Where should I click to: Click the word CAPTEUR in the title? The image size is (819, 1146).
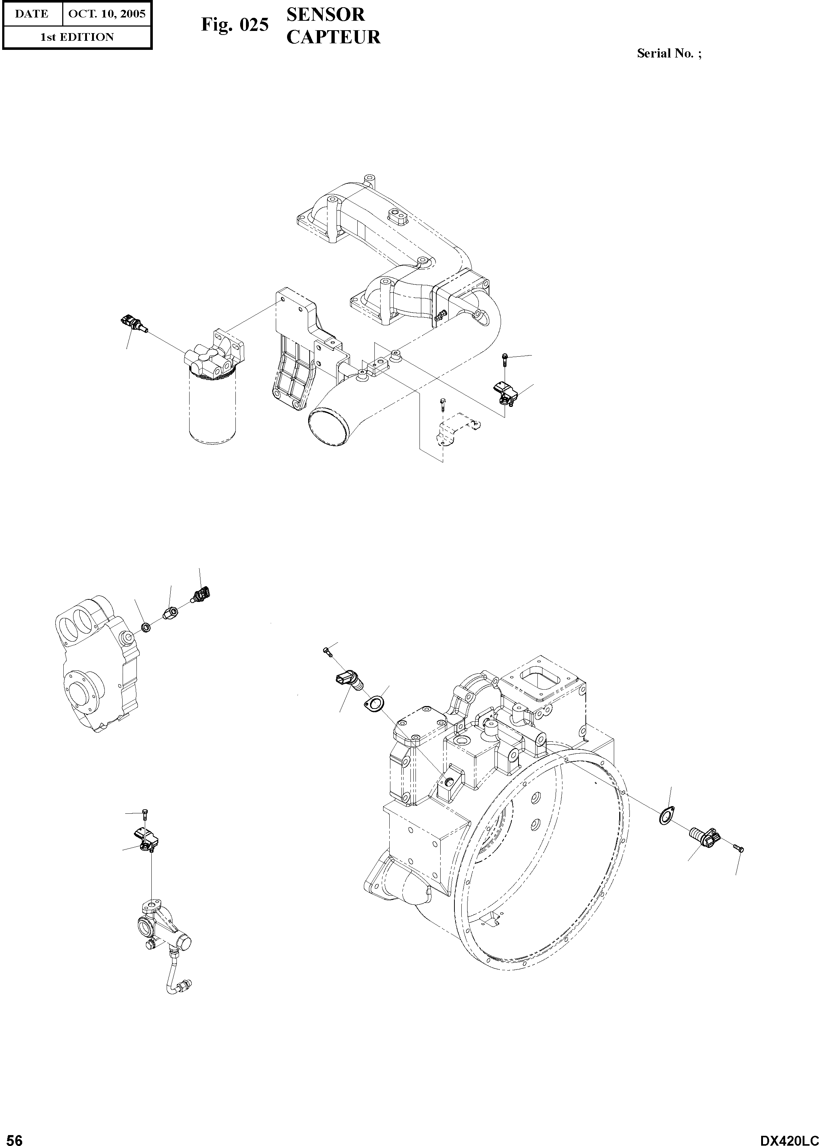pos(333,37)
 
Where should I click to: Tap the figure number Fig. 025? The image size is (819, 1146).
pos(235,25)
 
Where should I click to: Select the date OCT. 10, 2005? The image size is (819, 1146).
pos(106,13)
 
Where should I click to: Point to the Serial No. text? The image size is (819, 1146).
pos(669,53)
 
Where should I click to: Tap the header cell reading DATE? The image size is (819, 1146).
pos(31,13)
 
